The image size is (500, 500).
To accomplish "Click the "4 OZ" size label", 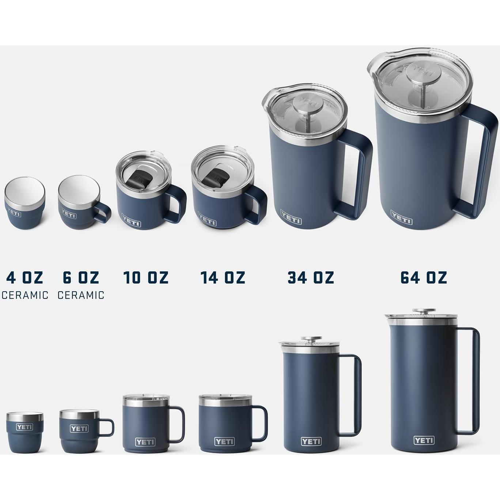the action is pos(24,278).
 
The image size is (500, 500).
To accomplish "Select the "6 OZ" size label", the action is pos(81,278).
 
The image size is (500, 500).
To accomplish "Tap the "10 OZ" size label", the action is pos(146,278).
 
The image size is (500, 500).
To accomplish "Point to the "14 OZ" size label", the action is pos(223,278).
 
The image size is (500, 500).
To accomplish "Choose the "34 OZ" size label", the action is pos(311,278).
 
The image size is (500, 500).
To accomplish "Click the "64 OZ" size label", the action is pos(424,278).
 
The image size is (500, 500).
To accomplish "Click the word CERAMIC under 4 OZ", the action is pos(25,295).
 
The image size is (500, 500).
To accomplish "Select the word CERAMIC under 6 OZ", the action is pos(81,295).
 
